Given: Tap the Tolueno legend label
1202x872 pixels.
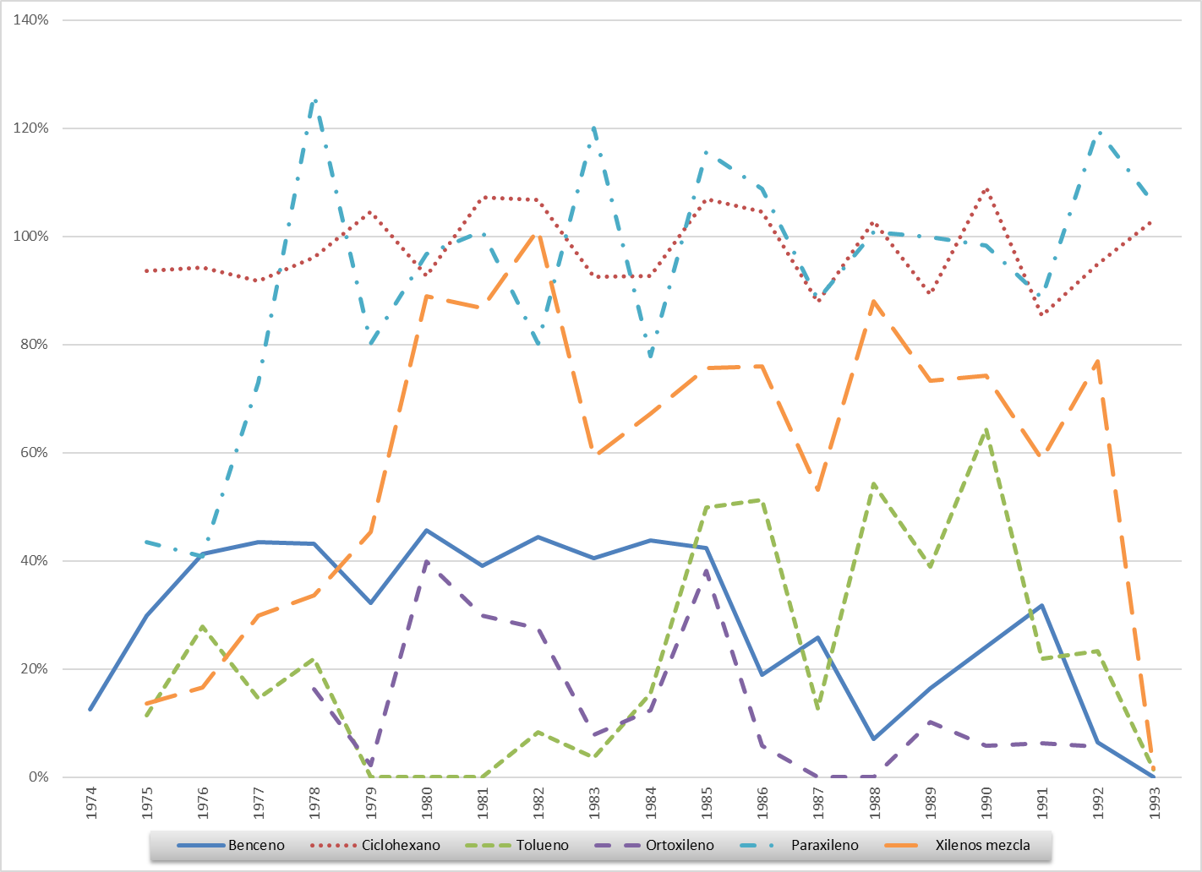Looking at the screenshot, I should (x=543, y=845).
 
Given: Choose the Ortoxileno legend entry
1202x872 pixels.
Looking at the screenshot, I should (x=680, y=845).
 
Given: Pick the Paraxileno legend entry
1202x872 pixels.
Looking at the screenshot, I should (x=824, y=845).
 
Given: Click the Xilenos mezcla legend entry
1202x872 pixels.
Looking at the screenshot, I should (x=982, y=845).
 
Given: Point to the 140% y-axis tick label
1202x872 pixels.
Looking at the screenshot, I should (x=31, y=20).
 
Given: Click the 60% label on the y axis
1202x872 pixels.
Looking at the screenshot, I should (x=35, y=453).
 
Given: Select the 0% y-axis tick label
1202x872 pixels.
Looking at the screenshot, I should (x=38, y=777).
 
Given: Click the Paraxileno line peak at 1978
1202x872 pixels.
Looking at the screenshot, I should (x=315, y=101).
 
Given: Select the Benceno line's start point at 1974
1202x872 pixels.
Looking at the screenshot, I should (x=90, y=709).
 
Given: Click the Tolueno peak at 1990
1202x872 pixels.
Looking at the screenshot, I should (x=986, y=430).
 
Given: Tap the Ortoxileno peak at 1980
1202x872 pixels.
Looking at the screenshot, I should (x=427, y=561).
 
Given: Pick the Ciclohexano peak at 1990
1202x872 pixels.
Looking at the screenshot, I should (x=986, y=188).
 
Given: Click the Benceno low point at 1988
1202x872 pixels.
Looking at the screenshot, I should (x=874, y=739).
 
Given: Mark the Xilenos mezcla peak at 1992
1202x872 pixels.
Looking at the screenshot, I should (x=1098, y=362).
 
